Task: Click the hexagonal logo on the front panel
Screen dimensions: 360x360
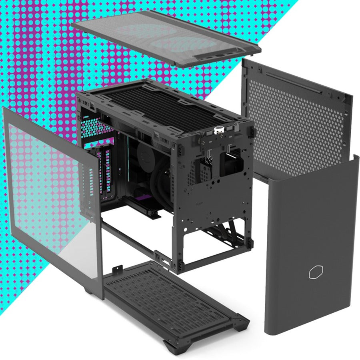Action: [x=315, y=272]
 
